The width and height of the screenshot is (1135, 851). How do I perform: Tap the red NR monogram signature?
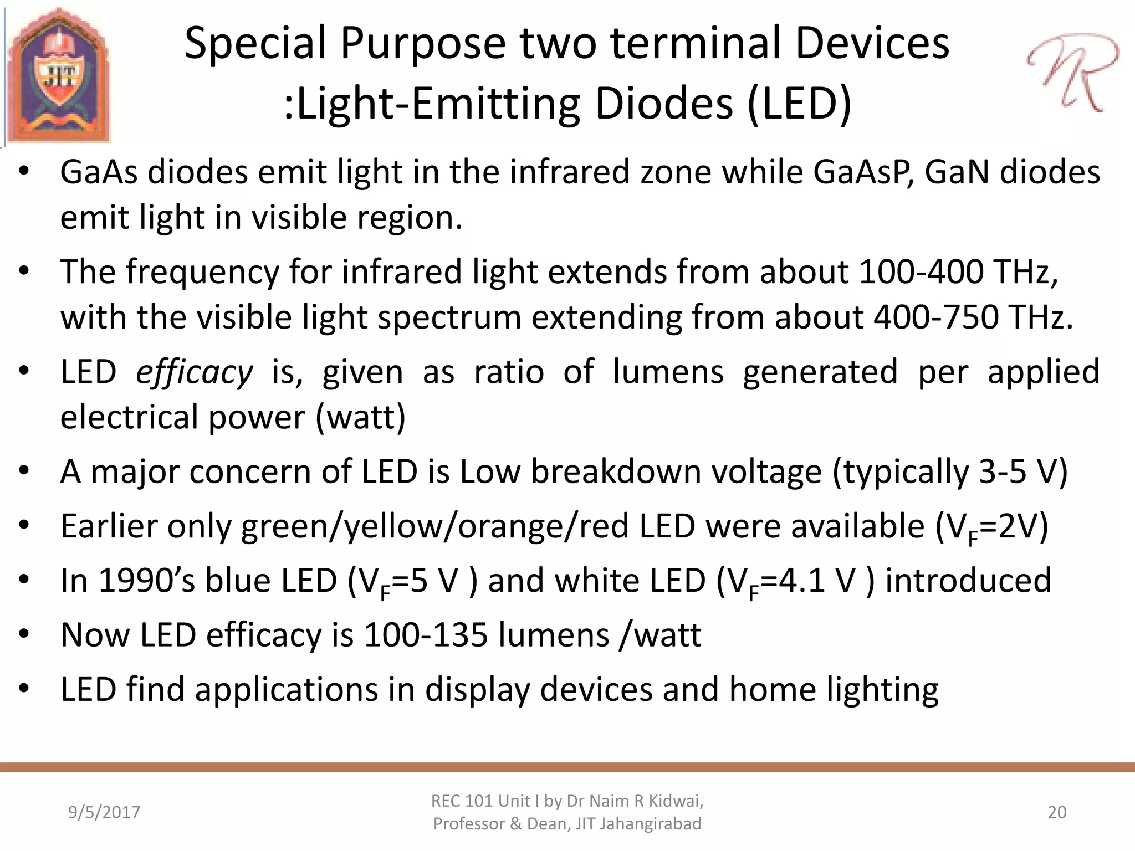click(1072, 72)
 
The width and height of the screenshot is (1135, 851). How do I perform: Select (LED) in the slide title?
click(799, 104)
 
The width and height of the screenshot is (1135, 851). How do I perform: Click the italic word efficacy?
click(195, 372)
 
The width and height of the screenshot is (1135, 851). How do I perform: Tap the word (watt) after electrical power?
click(361, 417)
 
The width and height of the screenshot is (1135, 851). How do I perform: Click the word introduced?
click(968, 581)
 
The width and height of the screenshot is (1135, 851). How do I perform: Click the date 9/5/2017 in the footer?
click(104, 812)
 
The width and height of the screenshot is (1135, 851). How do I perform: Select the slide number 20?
click(1057, 812)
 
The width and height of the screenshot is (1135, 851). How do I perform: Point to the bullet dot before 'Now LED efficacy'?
click(23, 634)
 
